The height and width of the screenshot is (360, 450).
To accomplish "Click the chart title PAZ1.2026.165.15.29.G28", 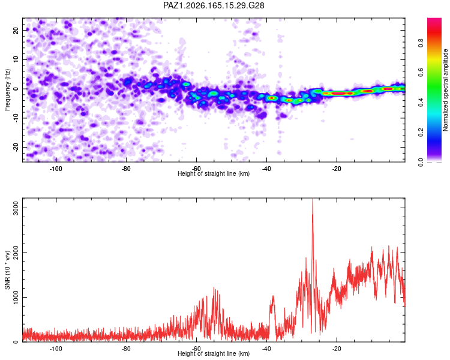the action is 214,5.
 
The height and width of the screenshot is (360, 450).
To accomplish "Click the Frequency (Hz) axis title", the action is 7,90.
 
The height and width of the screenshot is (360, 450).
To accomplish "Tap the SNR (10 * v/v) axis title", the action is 7,270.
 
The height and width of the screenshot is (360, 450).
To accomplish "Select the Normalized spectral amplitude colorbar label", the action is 445,90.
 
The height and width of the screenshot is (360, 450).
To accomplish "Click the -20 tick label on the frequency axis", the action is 16,147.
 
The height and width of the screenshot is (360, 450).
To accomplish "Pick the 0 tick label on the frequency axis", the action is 16,89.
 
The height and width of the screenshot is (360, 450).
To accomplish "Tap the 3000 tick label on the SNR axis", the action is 16,208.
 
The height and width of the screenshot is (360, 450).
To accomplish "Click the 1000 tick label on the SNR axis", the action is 16,297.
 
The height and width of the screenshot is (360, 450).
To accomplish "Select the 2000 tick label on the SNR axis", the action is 16,253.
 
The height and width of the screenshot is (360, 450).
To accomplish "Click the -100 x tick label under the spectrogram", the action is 56,169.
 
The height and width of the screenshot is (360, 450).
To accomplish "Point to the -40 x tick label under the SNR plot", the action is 266,349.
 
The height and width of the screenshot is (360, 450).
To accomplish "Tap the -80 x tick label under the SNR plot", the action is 126,349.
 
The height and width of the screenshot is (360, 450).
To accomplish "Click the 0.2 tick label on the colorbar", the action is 421,133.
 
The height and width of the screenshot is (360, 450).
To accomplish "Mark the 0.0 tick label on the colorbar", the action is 421,162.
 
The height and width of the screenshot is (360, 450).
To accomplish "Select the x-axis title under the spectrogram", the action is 214,173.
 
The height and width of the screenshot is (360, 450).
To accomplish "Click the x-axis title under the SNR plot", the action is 214,353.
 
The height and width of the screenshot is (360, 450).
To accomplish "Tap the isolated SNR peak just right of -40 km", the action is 272,296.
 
